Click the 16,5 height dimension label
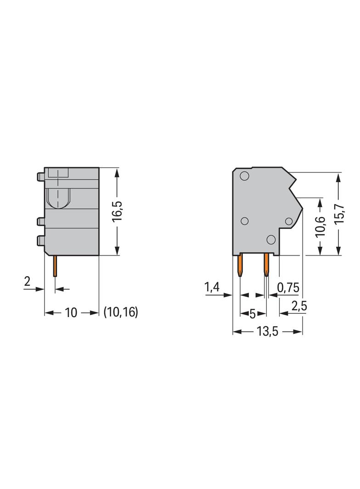pos(118,212)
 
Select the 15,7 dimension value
pos(339,214)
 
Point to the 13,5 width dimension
pos(267,331)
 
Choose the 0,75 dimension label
pos(288,287)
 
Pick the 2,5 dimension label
pos(299,306)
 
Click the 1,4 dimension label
pos(212,287)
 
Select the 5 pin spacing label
pos(253,313)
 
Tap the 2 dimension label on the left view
pos(27,282)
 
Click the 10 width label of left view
pos(71,312)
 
